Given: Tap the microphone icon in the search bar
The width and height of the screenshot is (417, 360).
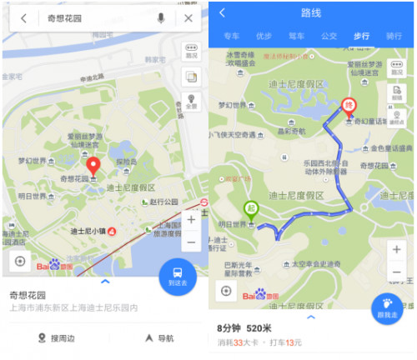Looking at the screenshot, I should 160,18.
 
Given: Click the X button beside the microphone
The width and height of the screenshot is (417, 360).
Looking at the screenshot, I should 189,18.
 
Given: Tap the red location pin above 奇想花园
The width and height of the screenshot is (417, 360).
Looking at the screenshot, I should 93,163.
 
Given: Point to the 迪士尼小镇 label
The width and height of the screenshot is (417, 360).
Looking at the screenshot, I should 88,231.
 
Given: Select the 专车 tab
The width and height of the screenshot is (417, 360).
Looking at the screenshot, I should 231,37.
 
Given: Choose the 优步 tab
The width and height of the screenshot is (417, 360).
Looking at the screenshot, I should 264,37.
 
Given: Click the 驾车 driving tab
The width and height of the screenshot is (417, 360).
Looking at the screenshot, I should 296,37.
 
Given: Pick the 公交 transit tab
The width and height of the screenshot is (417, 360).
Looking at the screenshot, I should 329,37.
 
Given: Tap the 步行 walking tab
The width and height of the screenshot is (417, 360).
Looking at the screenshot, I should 361,37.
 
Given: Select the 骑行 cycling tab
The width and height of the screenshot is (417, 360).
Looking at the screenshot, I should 394,37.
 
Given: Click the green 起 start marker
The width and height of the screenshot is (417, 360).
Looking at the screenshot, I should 251,209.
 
